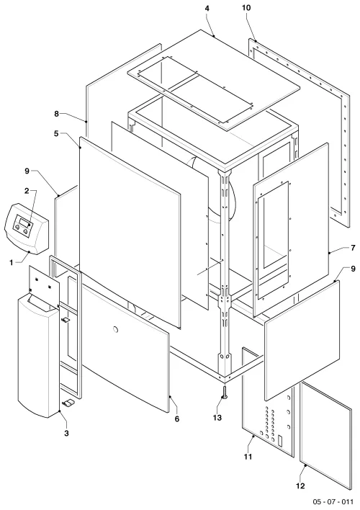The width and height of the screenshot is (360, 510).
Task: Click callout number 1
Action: (x=12, y=262)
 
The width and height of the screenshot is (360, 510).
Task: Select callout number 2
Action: (x=27, y=191)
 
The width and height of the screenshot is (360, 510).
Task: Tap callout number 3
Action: (x=66, y=433)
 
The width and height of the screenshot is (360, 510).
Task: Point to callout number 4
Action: (x=207, y=9)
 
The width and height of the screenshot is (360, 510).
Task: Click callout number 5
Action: (x=56, y=133)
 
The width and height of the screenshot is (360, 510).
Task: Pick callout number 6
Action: (x=177, y=419)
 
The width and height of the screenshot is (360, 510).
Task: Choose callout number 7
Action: (x=354, y=249)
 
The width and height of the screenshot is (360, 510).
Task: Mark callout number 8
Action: (x=57, y=114)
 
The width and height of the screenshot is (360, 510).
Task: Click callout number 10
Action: (x=246, y=8)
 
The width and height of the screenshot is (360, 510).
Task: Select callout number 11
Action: (x=248, y=457)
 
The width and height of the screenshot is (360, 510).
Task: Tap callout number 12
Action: (x=300, y=486)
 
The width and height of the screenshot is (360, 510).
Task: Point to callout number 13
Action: (x=217, y=418)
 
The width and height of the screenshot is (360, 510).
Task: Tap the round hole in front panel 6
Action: (x=115, y=330)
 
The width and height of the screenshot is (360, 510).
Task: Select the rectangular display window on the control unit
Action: (x=24, y=223)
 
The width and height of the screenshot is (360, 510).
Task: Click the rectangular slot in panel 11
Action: (x=281, y=441)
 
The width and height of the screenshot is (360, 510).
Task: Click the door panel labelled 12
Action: (x=325, y=435)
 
